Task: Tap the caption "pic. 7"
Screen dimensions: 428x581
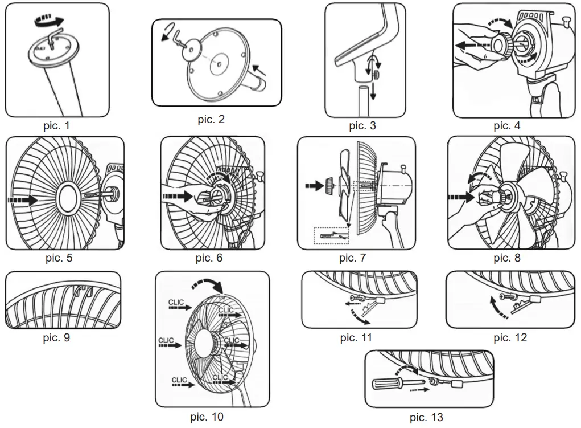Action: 352,258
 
